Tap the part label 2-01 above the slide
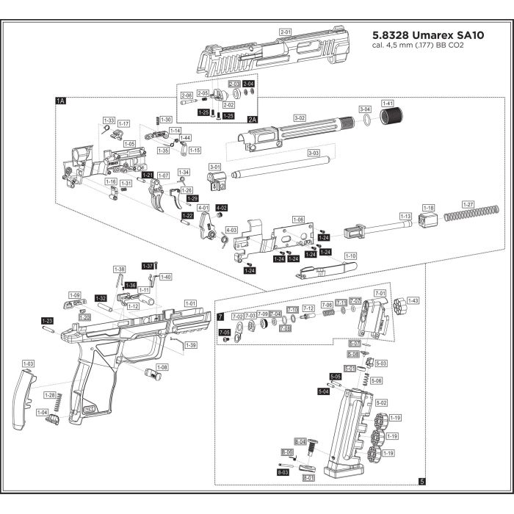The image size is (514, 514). (286, 32)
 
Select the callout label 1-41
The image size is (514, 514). (388, 104)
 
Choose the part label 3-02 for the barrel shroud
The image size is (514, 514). (299, 117)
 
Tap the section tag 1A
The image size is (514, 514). (61, 100)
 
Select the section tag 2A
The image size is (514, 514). (253, 118)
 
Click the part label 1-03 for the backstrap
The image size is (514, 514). (29, 363)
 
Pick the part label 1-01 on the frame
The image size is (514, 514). (190, 303)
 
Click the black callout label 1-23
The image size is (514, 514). (47, 321)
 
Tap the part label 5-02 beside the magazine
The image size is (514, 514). (381, 403)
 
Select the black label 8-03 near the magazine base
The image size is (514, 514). (283, 474)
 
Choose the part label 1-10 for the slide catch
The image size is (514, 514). (350, 256)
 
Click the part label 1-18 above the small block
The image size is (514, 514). (429, 208)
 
